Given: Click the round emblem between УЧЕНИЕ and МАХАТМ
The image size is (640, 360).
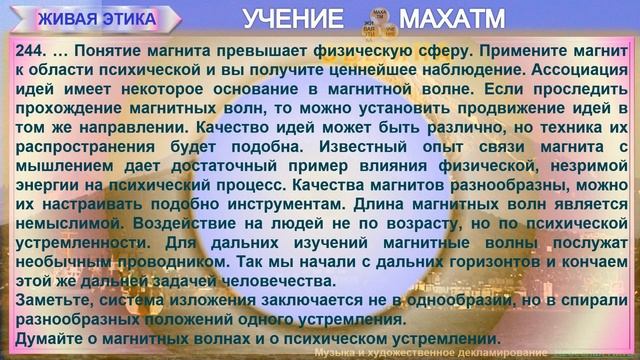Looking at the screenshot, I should [x=375, y=19].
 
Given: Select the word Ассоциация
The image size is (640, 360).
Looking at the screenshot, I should [x=580, y=70].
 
